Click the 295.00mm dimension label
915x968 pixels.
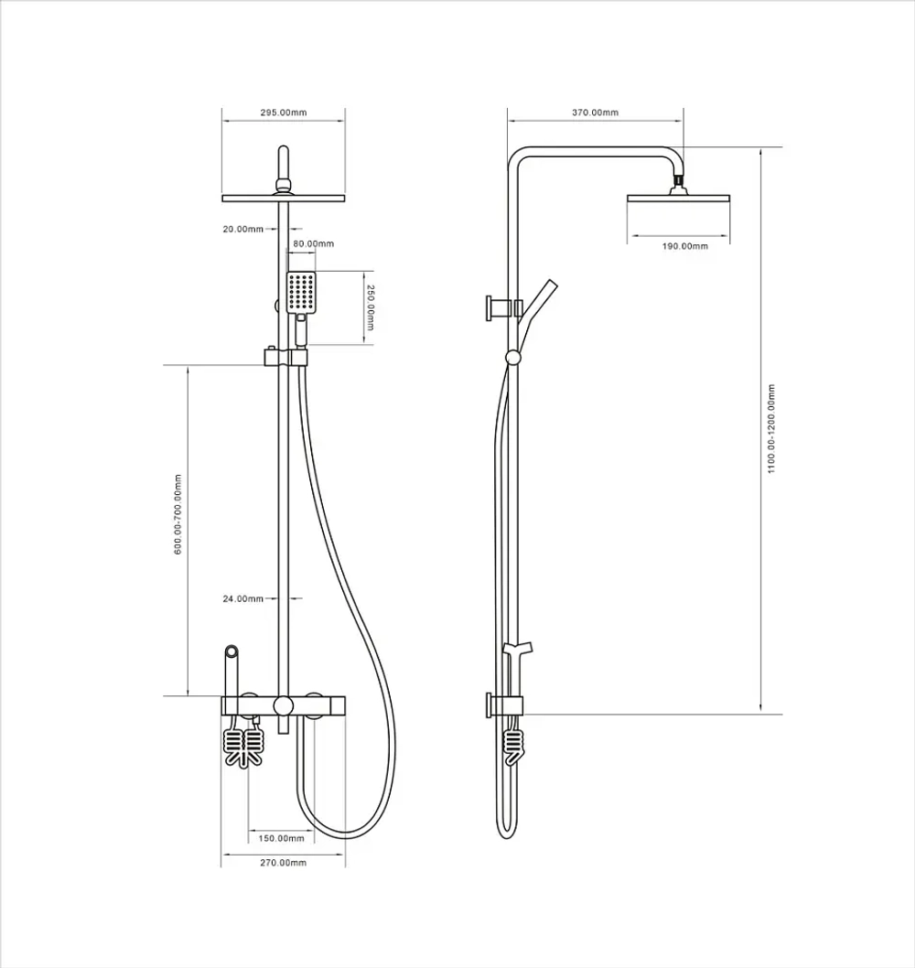click(284, 113)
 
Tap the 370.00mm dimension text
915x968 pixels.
click(595, 113)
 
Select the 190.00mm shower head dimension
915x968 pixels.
click(685, 246)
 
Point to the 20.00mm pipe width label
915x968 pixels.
click(243, 229)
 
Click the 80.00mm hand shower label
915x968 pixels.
click(314, 244)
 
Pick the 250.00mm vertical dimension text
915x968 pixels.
click(370, 307)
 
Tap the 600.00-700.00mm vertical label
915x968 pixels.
click(178, 514)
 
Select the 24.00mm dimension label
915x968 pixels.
click(243, 598)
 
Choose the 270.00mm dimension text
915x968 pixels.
click(284, 863)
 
